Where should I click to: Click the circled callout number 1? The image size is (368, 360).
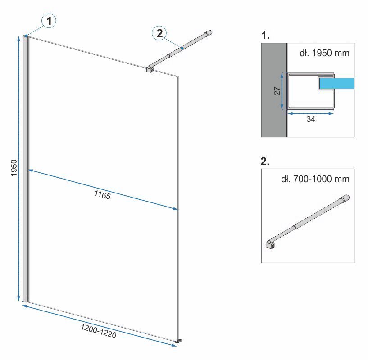pos(49,21)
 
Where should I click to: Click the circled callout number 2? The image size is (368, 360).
pos(159,33)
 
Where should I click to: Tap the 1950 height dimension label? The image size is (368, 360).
pos(14,168)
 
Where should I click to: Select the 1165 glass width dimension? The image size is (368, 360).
pos(102,195)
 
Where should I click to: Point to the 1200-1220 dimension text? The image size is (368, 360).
pos(99,331)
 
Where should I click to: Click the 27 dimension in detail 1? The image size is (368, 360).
pos(277,91)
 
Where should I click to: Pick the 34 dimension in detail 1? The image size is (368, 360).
pos(311,119)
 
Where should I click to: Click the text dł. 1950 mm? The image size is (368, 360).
pos(324,53)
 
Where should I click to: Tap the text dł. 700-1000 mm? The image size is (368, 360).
pos(315,179)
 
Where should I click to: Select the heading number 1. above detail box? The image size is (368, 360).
pos(265,36)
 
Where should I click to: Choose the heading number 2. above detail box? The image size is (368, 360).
pos(265,162)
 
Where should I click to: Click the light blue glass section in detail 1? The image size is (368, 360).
pos(337,84)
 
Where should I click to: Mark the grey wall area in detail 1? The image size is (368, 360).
pos(274,90)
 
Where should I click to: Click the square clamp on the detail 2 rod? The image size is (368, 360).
pos(270,245)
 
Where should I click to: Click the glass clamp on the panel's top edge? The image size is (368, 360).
pos(150,69)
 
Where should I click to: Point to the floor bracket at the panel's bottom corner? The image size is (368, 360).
pos(179,341)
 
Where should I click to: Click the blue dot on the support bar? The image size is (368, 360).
pos(182,48)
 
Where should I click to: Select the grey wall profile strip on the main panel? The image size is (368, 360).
pos(25,169)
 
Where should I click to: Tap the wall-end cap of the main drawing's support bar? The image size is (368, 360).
pos(209,33)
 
